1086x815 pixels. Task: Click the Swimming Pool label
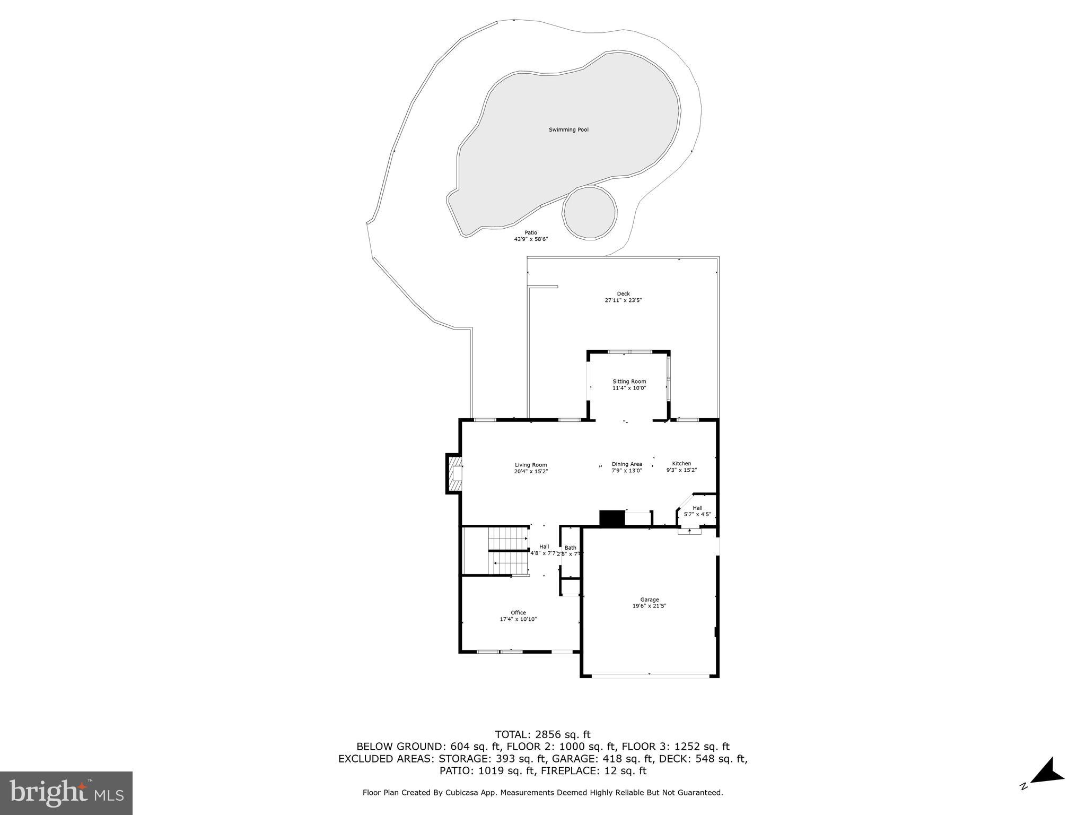(x=568, y=130)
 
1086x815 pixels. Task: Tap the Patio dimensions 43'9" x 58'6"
(x=531, y=239)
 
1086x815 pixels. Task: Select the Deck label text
(x=623, y=294)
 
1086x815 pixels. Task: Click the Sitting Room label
(x=629, y=382)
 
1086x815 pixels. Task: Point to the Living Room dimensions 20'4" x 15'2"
(x=531, y=471)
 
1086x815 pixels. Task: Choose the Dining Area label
(x=627, y=464)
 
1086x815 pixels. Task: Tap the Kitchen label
(x=681, y=464)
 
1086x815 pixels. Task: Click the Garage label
(x=649, y=600)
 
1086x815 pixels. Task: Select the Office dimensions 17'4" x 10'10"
(x=518, y=619)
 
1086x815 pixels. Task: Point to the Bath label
(x=570, y=548)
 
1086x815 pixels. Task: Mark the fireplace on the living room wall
(x=455, y=473)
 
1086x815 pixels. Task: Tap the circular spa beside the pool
(x=590, y=214)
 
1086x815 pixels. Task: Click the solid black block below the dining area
(x=612, y=518)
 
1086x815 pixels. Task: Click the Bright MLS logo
(x=66, y=793)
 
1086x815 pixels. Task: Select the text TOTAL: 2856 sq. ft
(x=542, y=735)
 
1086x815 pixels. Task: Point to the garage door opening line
(x=650, y=675)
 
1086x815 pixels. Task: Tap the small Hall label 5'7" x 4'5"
(x=697, y=511)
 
